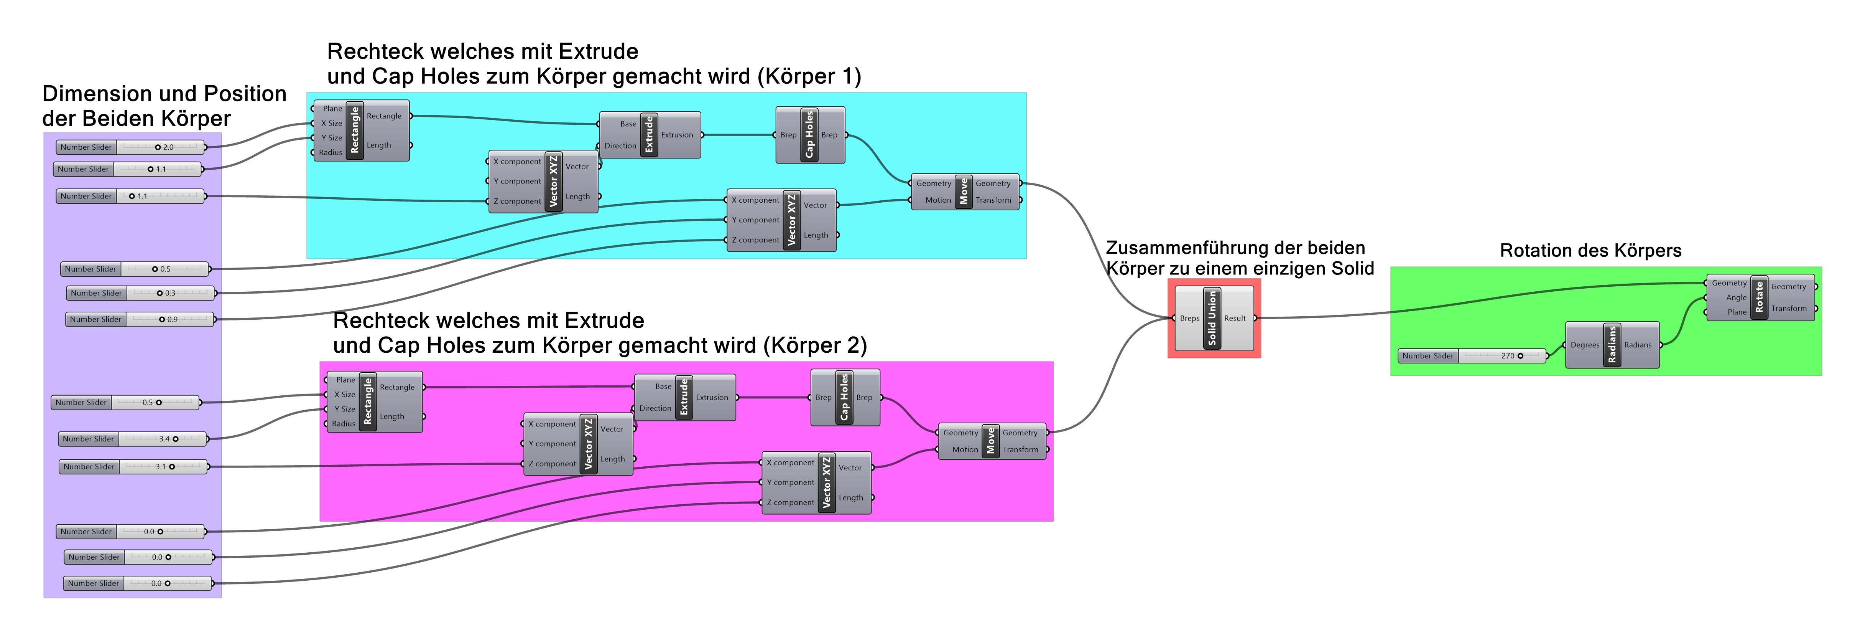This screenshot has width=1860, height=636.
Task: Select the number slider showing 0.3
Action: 141,293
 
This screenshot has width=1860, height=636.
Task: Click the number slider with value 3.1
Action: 133,467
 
